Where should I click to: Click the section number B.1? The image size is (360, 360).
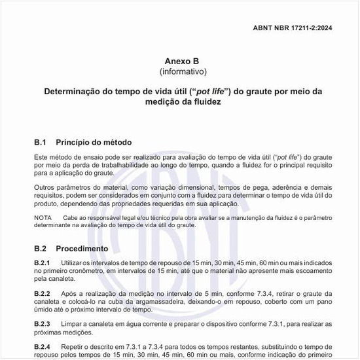41,142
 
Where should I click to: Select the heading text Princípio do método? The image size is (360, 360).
94,142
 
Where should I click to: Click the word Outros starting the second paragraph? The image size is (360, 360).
45,187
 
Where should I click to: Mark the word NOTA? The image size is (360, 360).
43,217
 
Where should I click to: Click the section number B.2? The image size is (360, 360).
41,249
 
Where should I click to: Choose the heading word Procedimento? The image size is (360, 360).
82,249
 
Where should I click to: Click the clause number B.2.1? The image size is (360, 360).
43,262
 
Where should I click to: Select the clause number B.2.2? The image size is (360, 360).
43,293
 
